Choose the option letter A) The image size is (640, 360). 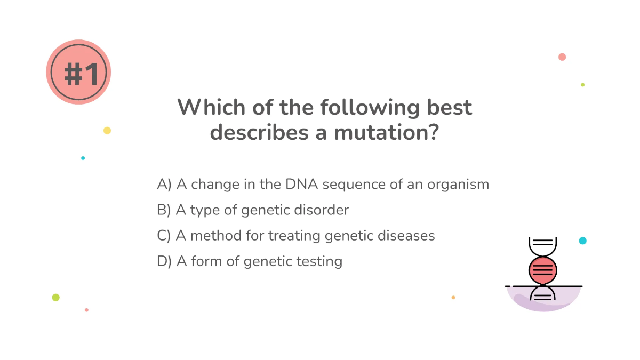point(164,185)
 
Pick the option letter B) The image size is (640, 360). point(164,210)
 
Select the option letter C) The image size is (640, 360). point(164,236)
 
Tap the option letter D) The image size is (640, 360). point(164,261)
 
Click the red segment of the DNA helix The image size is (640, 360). point(543,270)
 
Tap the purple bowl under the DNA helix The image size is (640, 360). point(543,301)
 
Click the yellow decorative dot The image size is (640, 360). point(107,131)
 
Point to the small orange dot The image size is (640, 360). point(453,297)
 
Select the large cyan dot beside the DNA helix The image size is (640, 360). point(582,241)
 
